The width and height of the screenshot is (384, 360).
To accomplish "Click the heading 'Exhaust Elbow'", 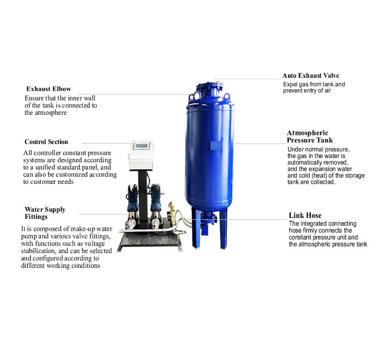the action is click(48, 89).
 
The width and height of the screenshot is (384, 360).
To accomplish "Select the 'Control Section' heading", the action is click(46, 142).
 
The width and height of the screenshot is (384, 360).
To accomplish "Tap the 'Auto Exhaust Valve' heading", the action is click(311, 75).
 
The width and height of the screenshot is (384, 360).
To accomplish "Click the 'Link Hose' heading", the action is click(305, 215).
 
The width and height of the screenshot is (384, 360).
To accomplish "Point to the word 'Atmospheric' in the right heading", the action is click(307, 133).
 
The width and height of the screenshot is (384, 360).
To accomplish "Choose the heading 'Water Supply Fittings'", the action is click(45, 213).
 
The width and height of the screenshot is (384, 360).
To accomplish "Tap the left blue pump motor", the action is click(132, 194).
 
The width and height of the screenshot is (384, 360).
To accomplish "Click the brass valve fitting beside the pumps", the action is click(172, 212).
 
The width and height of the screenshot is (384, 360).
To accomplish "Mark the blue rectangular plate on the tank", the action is click(216, 145).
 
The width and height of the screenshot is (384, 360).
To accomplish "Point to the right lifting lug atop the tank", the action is click(227, 96).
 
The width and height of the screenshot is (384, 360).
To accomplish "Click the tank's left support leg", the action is click(195, 228).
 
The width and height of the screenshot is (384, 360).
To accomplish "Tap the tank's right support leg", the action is click(223, 229).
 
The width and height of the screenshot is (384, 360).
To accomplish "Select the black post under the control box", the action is click(143, 199).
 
